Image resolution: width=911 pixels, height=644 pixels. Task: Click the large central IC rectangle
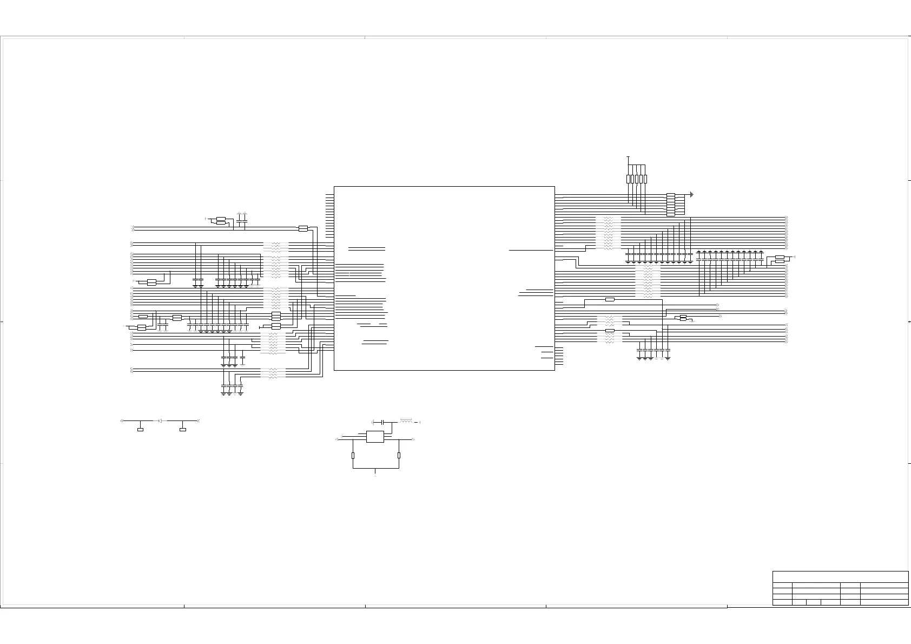click(x=444, y=278)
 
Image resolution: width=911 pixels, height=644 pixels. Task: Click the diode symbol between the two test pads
click(x=160, y=420)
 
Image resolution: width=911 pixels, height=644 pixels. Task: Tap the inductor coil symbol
click(x=406, y=420)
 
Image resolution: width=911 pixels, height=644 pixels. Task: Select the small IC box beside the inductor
click(x=375, y=437)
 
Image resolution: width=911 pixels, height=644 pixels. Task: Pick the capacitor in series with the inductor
click(x=383, y=422)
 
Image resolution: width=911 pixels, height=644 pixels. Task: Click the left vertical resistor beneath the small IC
click(x=353, y=456)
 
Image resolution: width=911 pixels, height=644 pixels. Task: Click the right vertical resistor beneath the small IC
click(x=399, y=456)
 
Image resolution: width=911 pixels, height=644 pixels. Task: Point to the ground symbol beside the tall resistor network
click(x=692, y=194)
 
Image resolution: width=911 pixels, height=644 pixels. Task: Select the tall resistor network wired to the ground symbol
click(x=671, y=205)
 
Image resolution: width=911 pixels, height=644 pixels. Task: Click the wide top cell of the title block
click(x=840, y=576)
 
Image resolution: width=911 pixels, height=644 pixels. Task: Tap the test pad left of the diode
click(x=140, y=430)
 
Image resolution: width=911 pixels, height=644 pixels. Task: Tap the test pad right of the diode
click(x=183, y=430)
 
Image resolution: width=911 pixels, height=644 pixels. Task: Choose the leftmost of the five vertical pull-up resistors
click(x=628, y=179)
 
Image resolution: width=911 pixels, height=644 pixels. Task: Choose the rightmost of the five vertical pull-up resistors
click(x=645, y=179)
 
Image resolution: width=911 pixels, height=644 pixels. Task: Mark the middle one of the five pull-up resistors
click(x=637, y=179)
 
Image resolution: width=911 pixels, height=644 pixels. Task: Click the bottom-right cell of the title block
click(x=884, y=602)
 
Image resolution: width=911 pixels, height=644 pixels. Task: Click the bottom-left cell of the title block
click(x=782, y=602)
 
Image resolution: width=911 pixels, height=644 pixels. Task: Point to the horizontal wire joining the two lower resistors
click(x=375, y=468)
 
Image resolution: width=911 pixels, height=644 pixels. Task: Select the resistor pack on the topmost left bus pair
click(x=303, y=228)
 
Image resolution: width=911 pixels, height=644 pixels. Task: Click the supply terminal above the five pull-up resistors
click(x=628, y=157)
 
